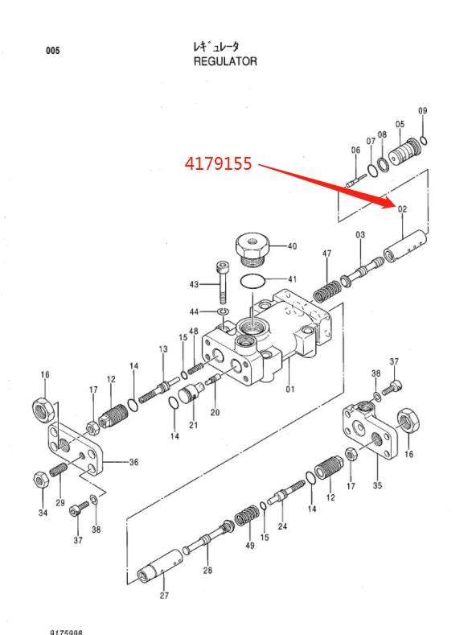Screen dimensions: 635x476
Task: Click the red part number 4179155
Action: coord(218,163)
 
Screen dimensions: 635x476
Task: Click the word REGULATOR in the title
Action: coord(225,62)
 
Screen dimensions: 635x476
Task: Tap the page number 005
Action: coord(52,51)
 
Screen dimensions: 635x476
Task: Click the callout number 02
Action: coord(403,209)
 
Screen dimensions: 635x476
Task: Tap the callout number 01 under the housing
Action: coord(290,391)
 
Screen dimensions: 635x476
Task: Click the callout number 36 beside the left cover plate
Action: coord(133,462)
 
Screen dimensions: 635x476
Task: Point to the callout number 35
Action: coord(376,486)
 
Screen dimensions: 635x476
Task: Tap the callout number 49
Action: coord(249,545)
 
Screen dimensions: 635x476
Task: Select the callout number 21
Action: coord(193,425)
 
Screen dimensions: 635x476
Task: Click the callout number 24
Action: coord(282,527)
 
